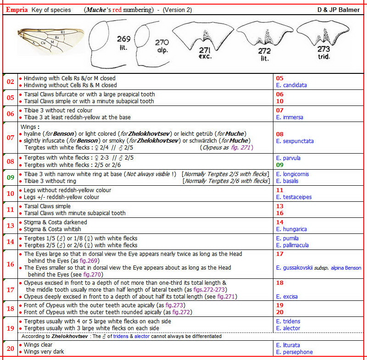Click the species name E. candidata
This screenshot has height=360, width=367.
pos(291,85)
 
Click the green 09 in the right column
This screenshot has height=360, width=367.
pos(280,165)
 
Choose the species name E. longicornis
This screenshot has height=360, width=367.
pos(292,174)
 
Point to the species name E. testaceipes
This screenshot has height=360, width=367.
pos(294,197)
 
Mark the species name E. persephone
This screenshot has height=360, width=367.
pos(294,352)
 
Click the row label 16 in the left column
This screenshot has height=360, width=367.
pos(10,264)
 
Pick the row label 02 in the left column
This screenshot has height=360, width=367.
pos(10,82)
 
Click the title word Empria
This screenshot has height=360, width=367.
pos(17,9)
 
